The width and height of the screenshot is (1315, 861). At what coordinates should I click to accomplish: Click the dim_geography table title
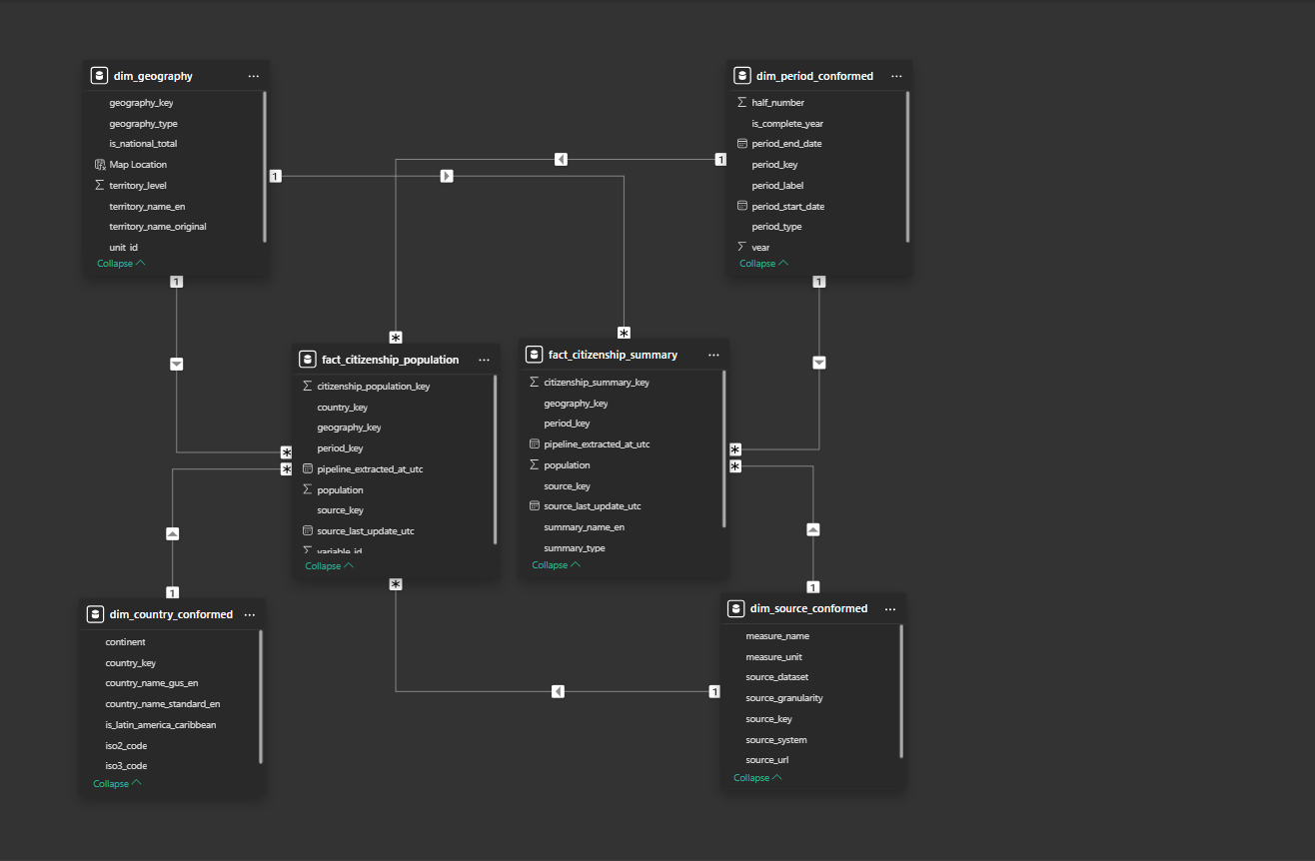pos(153,76)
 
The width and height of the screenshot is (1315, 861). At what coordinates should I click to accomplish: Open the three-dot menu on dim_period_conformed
pos(896,76)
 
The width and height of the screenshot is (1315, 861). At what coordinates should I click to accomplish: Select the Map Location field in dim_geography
pos(138,165)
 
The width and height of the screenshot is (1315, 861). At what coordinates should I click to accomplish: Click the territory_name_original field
pos(157,227)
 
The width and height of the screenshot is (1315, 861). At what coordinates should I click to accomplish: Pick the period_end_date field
pos(786,144)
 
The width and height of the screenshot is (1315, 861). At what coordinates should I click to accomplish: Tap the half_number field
pos(777,103)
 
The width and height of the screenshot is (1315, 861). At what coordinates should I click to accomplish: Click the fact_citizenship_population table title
pos(390,360)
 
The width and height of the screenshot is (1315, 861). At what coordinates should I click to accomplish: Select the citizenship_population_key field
pos(374,387)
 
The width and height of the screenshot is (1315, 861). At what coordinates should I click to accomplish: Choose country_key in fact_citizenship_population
pos(343,408)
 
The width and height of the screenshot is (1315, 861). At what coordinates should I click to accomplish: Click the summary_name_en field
pos(585,527)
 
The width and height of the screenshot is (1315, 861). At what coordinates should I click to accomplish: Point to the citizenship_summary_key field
pos(597,383)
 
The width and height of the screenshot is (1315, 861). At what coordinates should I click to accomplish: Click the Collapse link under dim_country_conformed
pos(117,783)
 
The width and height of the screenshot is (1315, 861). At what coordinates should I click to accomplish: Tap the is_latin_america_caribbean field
pos(160,725)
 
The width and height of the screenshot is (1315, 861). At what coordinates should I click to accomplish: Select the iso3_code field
pos(126,766)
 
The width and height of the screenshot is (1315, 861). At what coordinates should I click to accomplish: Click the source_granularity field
pos(784,698)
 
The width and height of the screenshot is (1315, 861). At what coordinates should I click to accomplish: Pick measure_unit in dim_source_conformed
pos(773,657)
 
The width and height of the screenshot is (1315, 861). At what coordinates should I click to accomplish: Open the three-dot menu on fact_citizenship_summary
pos(713,355)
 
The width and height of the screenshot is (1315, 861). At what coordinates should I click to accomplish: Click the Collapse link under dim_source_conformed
pos(757,778)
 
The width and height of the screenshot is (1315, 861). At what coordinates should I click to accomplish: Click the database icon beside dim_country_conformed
pos(95,614)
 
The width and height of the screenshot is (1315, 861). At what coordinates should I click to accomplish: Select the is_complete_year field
pos(787,124)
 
